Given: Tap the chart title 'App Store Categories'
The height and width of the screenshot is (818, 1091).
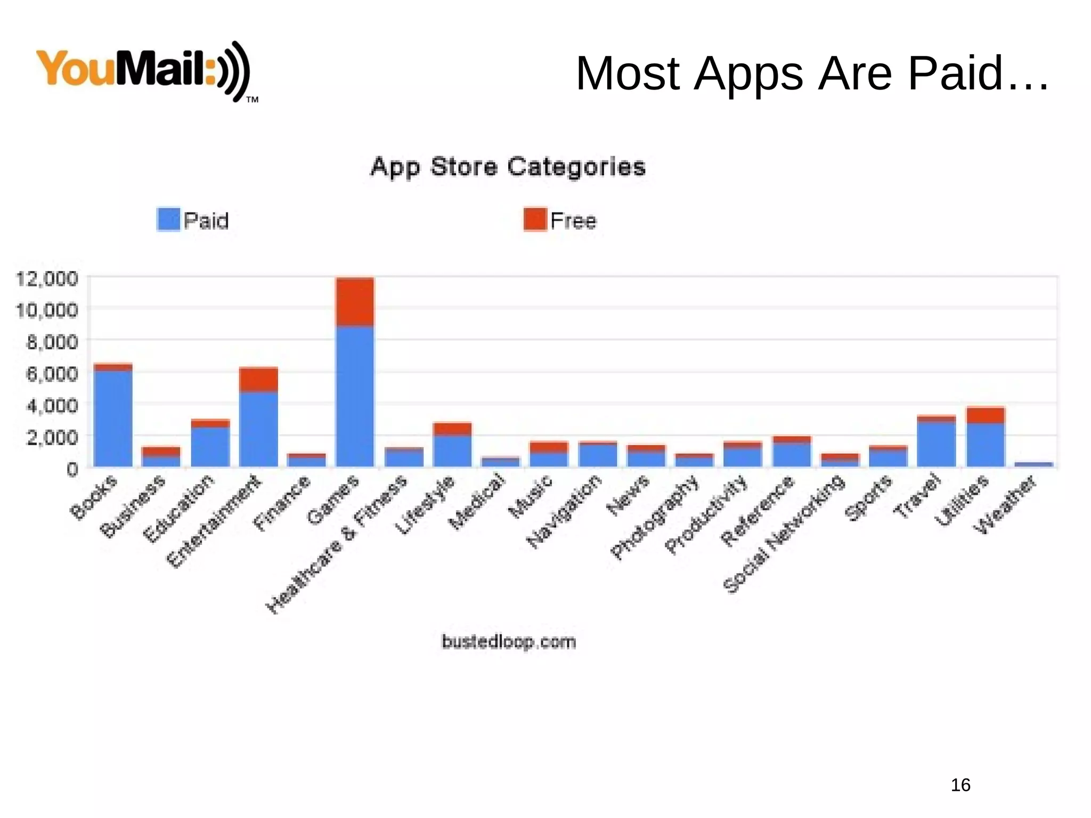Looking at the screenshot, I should pyautogui.click(x=508, y=167).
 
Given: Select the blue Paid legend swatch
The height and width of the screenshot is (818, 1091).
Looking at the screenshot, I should pyautogui.click(x=168, y=219).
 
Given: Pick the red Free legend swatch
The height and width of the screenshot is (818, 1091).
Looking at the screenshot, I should pyautogui.click(x=535, y=219).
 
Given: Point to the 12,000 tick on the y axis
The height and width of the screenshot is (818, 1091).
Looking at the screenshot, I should pyautogui.click(x=47, y=279).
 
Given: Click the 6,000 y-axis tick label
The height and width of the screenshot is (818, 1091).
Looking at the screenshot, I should pyautogui.click(x=52, y=373).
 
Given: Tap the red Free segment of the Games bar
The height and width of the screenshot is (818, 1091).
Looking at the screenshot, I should pyautogui.click(x=355, y=301).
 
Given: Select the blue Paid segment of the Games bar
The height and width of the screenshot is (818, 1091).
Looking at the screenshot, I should pyautogui.click(x=355, y=396).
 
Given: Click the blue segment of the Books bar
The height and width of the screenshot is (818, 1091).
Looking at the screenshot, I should pyautogui.click(x=113, y=418).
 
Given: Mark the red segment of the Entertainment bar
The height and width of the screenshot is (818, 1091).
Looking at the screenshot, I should pyautogui.click(x=258, y=379).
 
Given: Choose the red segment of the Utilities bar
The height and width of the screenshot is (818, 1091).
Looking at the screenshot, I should pyautogui.click(x=986, y=415).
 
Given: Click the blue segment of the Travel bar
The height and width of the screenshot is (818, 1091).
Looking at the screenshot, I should pyautogui.click(x=937, y=444).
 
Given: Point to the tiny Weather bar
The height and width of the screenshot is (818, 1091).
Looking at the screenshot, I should pyautogui.click(x=1033, y=464).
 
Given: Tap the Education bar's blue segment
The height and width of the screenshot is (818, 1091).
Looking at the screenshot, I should pyautogui.click(x=210, y=446).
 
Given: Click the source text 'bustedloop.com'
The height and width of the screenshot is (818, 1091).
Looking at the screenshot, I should pyautogui.click(x=509, y=642).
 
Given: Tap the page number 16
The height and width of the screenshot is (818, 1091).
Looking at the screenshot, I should pyautogui.click(x=960, y=785).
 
